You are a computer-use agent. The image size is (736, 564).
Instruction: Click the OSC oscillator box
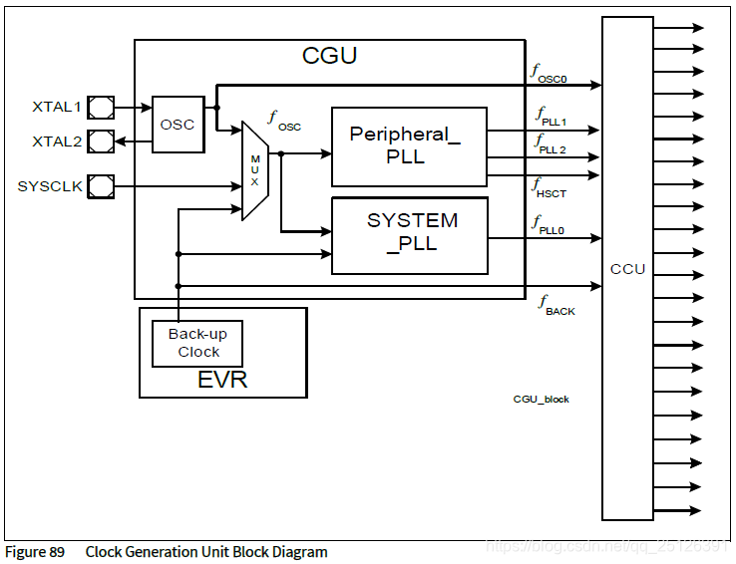(178, 125)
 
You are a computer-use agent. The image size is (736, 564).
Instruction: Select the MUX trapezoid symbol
(255, 170)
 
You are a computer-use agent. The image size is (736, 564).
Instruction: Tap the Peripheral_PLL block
(409, 146)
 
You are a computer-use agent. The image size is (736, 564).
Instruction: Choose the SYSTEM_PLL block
(410, 234)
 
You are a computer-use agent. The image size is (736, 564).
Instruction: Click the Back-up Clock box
(197, 343)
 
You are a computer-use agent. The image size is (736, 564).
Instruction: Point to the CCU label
(627, 269)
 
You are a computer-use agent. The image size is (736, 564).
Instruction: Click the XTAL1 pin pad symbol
(101, 106)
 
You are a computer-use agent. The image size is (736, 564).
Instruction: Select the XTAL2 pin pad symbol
(101, 141)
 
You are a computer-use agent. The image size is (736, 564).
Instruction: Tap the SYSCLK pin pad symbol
(101, 186)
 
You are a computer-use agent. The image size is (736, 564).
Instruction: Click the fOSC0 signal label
(550, 72)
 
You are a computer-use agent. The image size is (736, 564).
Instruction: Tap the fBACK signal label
(556, 305)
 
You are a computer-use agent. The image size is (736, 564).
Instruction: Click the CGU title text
(329, 56)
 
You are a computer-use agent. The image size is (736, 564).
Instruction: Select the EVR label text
(221, 380)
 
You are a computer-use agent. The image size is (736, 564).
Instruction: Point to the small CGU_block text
(542, 400)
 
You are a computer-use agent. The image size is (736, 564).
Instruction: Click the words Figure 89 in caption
(35, 552)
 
